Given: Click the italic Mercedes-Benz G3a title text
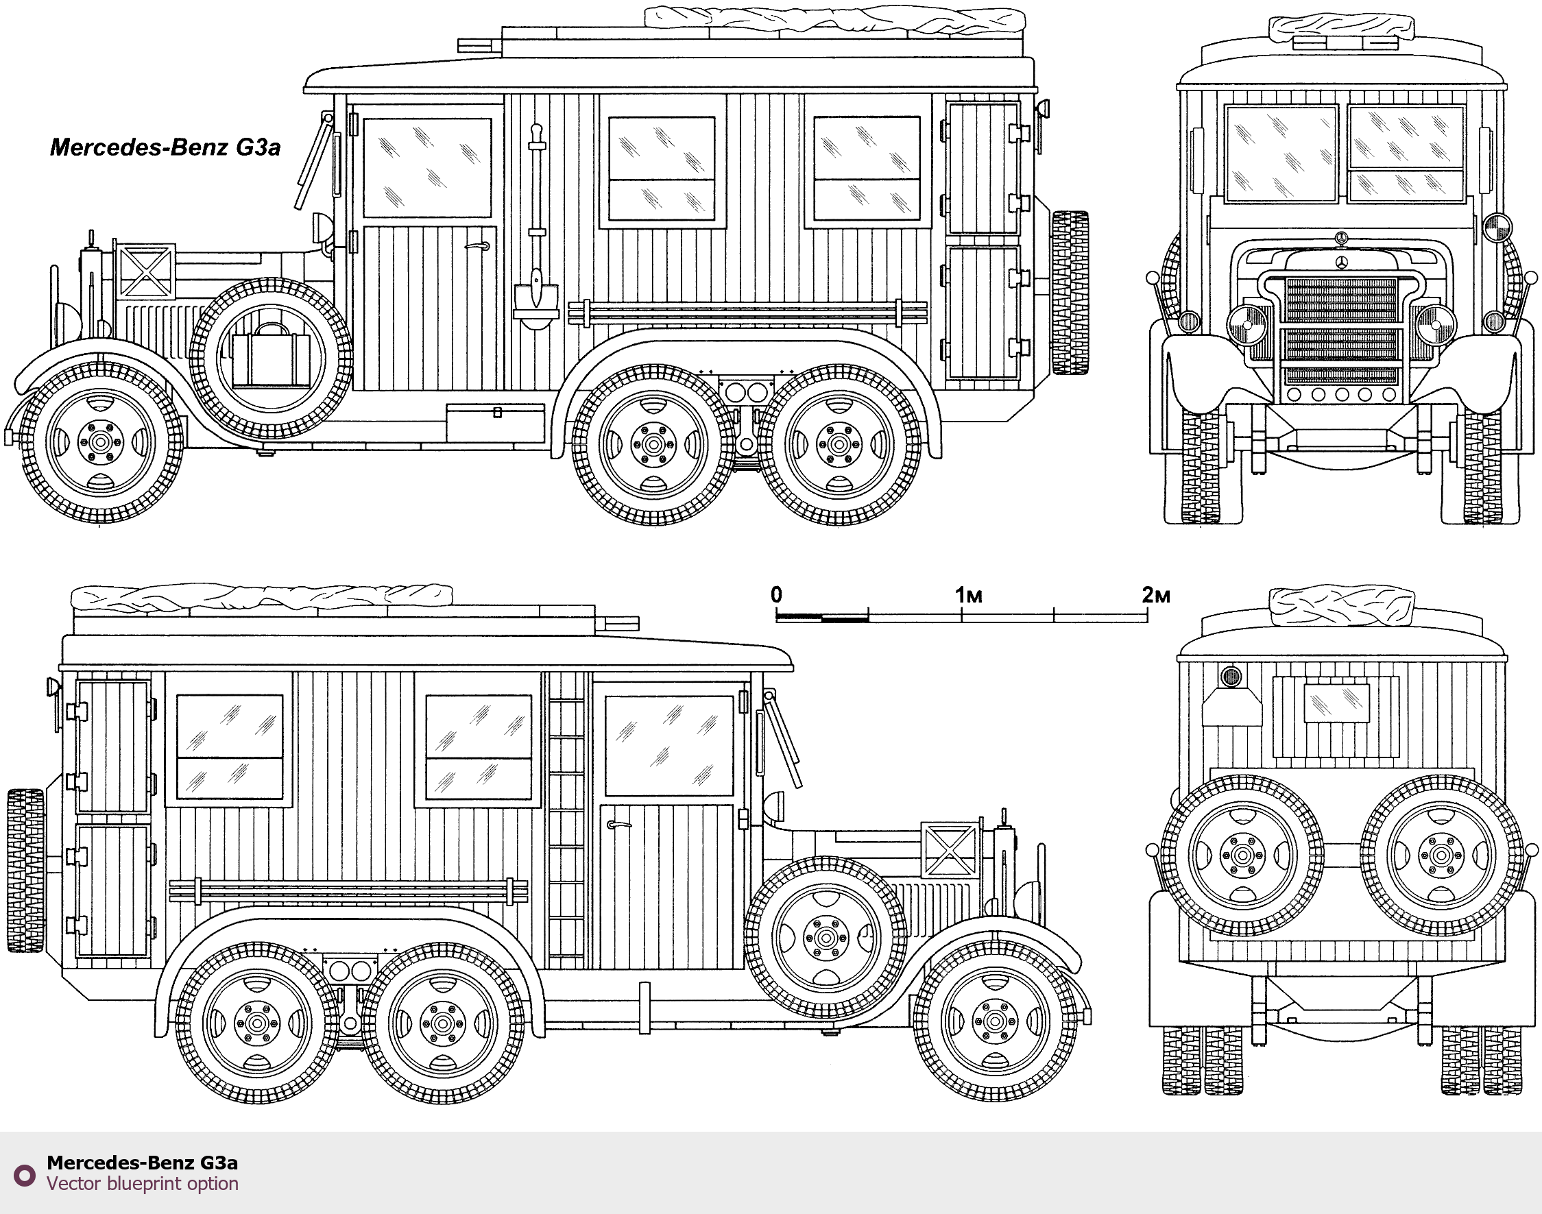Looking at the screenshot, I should point(165,147).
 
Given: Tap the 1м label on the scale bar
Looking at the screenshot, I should point(968,595).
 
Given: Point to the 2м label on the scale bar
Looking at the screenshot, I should point(1155,595).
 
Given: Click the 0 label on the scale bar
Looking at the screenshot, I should point(776,594).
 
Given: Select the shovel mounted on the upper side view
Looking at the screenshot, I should point(537,228).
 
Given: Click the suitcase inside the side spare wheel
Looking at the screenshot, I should point(271,358).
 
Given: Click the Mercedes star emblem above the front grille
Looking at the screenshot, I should point(1342,263).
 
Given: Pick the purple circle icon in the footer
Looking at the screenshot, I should point(25,1175).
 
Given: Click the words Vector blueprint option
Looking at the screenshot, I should point(142,1183).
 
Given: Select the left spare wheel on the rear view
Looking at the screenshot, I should point(1242,855).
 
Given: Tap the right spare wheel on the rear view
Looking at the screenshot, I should point(1441,855).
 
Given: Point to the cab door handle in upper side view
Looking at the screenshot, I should point(478,247).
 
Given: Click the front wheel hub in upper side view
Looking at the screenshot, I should point(100,442).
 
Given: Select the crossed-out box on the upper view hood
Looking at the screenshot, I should point(145,271).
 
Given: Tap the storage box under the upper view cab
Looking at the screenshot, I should point(496,422).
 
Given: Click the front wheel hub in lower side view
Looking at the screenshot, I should point(996,1021).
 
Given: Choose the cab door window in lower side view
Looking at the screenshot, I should point(668,746).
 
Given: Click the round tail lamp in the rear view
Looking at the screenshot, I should point(1231,677).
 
